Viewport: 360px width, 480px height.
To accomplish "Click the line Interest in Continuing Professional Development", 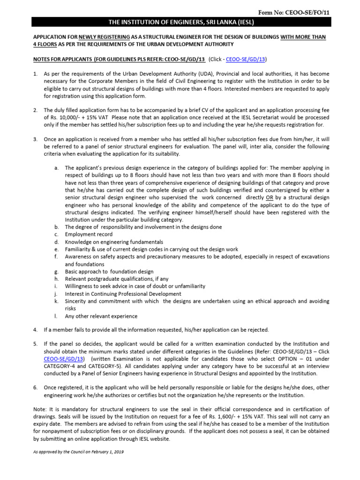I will (x=123, y=294).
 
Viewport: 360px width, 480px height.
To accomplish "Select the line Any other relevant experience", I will (x=101, y=316).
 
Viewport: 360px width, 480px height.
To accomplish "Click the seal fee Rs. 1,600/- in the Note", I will (x=248, y=417).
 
